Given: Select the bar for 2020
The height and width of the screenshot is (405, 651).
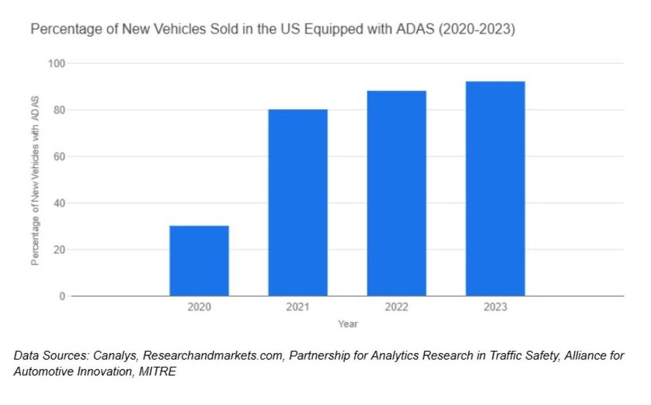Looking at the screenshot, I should click(x=199, y=260).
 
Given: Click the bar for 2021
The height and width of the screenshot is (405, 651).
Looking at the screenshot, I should click(x=298, y=202).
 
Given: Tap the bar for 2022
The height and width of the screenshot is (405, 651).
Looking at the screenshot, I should click(x=396, y=193).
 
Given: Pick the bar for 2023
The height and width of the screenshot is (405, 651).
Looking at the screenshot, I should click(x=495, y=189).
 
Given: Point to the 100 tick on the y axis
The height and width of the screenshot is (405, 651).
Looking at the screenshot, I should click(x=57, y=63).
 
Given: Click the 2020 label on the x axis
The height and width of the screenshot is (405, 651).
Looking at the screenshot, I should click(x=199, y=307).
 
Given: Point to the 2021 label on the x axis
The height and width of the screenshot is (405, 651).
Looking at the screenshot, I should click(x=298, y=307).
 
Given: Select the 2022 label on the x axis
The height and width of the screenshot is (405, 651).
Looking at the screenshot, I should click(x=396, y=307).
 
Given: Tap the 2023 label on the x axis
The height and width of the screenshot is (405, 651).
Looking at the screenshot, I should click(x=495, y=307).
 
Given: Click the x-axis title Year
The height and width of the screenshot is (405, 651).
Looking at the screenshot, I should click(x=348, y=324).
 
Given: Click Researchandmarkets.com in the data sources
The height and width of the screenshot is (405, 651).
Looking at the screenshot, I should click(x=212, y=356).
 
